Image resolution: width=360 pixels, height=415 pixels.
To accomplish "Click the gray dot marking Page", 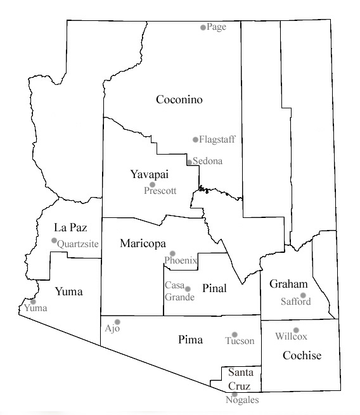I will coord(203,27).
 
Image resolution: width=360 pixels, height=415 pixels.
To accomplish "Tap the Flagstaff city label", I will coord(216,139).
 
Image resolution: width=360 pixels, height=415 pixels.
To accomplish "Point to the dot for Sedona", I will coord(189,162).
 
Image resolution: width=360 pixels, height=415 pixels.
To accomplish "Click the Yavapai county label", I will coord(148,174).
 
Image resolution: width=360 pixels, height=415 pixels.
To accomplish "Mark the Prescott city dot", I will coord(152,184).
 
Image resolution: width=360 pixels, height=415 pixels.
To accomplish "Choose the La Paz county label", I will coord(70,227).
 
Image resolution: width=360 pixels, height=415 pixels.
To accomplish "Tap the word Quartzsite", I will coord(78,243).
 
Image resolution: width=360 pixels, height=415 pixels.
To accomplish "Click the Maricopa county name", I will coord(143,243).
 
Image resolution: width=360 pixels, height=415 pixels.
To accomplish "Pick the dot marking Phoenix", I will coord(172,253).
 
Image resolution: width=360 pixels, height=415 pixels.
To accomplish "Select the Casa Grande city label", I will coord(175,291).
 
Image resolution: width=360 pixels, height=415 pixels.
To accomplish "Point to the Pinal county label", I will coord(214,288).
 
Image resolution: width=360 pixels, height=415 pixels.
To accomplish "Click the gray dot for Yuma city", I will coord(33,302).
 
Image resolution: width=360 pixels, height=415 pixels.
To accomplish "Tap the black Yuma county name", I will coord(69,291).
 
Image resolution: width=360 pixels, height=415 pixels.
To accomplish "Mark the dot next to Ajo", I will coord(117,322).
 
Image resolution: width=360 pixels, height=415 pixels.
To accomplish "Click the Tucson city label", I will coord(240,341).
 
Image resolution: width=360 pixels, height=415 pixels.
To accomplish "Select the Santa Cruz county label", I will coord(240,379).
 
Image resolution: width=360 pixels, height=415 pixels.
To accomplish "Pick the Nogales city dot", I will coord(235,394).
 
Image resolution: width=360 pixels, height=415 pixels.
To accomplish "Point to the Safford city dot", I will coord(303,295).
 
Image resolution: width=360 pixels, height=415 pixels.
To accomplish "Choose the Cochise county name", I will coord(302,355).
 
